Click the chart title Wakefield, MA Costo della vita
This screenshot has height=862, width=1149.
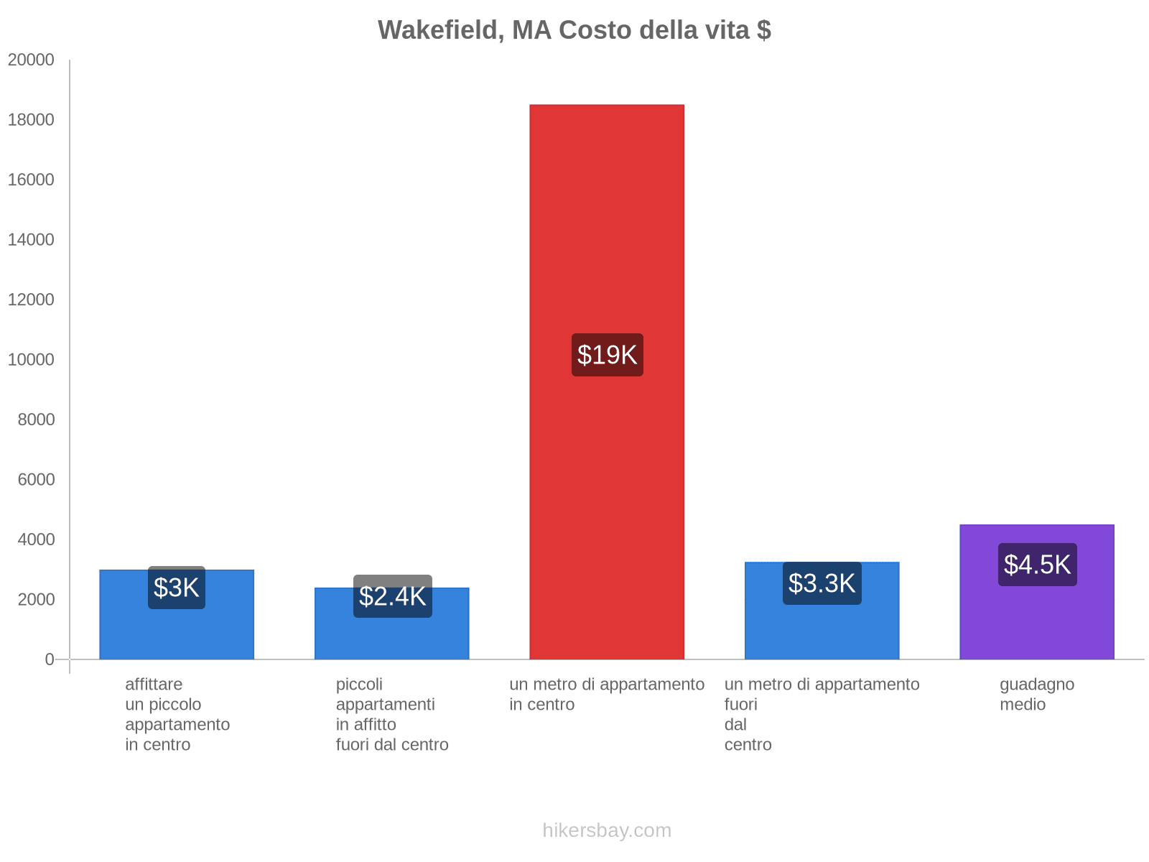point(574,30)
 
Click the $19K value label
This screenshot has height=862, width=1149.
point(607,355)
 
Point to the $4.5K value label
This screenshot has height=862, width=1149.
point(1037,565)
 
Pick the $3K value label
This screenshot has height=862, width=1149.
point(177,588)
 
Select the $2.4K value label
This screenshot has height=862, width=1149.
point(392,596)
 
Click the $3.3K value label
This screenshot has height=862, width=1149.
point(822,583)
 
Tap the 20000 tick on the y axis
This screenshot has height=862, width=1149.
point(32,60)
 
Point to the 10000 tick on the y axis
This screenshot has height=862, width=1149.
point(32,359)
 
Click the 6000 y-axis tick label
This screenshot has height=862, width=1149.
point(37,479)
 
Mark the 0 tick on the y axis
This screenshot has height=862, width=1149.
point(50,659)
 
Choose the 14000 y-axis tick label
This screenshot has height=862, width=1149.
point(32,240)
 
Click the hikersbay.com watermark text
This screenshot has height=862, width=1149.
point(607,830)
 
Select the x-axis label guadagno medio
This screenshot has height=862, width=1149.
point(1036,694)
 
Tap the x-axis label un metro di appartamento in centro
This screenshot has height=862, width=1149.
point(607,694)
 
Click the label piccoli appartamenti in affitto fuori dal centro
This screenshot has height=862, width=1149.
point(392,714)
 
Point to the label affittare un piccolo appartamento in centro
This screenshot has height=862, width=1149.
point(177,714)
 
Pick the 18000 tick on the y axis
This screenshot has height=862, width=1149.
point(32,120)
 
